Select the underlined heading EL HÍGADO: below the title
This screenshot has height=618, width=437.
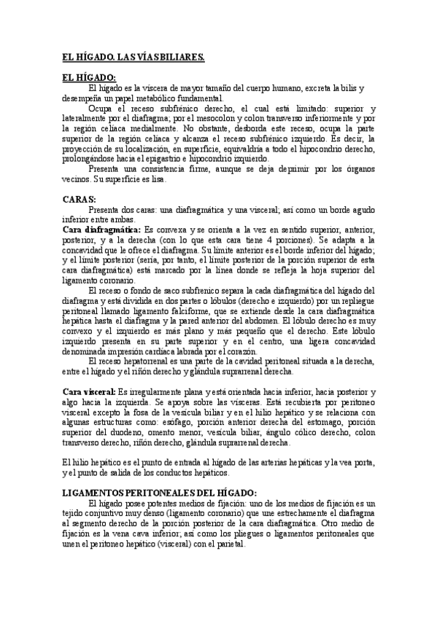click(88, 78)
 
